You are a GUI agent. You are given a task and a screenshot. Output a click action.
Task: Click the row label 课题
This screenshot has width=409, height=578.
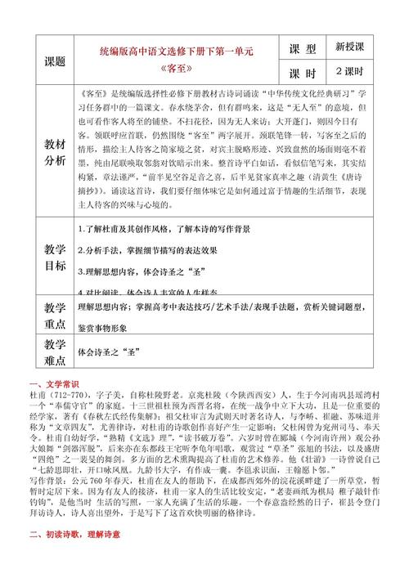click(x=55, y=60)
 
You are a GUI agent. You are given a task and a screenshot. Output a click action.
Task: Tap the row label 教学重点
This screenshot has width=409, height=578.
click(x=55, y=316)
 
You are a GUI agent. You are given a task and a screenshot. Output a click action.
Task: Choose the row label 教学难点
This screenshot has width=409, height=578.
click(x=55, y=352)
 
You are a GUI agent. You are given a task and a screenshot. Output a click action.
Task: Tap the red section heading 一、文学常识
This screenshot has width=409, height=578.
click(x=53, y=383)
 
